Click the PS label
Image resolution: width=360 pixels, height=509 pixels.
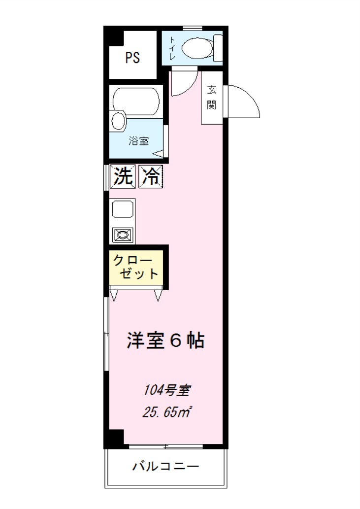tap(132, 58)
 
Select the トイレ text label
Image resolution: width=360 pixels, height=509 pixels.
tap(173, 49)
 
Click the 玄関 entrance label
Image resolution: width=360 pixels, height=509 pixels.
tap(212, 98)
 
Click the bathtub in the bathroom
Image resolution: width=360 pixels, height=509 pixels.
tap(135, 101)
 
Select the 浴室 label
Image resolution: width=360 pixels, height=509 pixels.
tap(139, 141)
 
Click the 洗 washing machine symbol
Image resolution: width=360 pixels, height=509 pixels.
tap(123, 176)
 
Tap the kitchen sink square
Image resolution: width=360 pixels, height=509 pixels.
tap(122, 209)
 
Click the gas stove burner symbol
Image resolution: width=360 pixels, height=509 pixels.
tap(122, 235)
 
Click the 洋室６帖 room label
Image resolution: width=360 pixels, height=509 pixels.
tap(165, 341)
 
